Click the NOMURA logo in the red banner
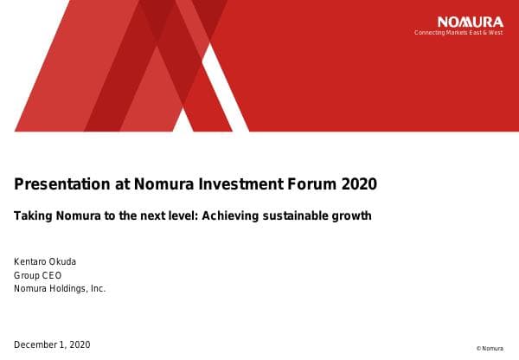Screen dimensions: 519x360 click(x=471, y=22)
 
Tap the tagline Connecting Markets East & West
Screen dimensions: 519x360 click(x=458, y=33)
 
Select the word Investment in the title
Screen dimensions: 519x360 click(x=241, y=183)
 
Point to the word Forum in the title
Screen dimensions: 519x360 click(x=311, y=184)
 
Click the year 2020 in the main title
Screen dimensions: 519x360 click(x=359, y=184)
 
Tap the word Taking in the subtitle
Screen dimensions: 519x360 click(x=33, y=216)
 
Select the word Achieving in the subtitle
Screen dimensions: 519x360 click(x=230, y=216)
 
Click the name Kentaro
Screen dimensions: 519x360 click(x=30, y=261)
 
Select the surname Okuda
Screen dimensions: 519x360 click(x=62, y=261)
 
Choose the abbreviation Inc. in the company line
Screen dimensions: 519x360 click(x=98, y=289)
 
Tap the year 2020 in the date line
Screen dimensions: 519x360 click(x=80, y=344)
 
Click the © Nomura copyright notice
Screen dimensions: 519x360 click(x=490, y=349)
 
